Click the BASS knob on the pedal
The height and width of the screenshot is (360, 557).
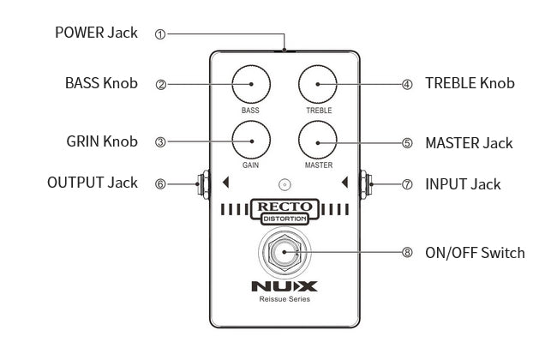click(251, 85)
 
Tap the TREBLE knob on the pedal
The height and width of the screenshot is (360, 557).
click(318, 85)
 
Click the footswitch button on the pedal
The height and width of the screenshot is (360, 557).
click(284, 253)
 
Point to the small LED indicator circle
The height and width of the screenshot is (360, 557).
click(284, 183)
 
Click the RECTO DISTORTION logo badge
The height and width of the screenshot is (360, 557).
click(285, 211)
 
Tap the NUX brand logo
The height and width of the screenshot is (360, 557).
click(284, 286)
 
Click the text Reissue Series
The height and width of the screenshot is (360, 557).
click(284, 300)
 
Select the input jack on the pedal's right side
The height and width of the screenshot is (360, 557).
click(368, 183)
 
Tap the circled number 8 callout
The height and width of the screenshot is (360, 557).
click(407, 253)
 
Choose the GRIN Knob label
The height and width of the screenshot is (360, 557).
click(101, 141)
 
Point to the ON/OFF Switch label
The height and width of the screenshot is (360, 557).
click(475, 253)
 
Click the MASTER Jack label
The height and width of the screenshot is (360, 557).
click(469, 142)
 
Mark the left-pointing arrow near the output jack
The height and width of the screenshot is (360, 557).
click(225, 183)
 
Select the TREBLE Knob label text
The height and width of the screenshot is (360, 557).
click(470, 84)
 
